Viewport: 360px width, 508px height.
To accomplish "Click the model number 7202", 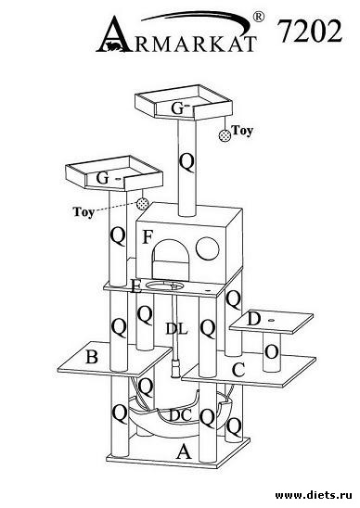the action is (x=310, y=32).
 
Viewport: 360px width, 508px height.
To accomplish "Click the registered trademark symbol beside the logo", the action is (x=258, y=17).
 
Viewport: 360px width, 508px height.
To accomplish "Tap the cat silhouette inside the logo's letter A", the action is (x=113, y=46).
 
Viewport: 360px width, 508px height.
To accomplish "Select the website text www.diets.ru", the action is (x=314, y=495).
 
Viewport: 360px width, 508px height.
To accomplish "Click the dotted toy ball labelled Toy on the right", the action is (x=225, y=135).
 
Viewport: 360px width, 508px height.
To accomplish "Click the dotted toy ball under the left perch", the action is (x=142, y=204).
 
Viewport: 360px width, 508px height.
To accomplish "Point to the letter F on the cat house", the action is (x=148, y=236).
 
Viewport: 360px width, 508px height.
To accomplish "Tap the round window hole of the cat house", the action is (x=207, y=248).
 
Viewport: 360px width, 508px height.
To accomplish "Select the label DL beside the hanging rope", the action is (x=177, y=329).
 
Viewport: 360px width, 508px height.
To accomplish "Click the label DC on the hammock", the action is (x=180, y=415).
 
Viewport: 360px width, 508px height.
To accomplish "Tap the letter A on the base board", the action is (x=184, y=451).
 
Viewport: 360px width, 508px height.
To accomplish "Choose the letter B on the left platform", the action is (x=92, y=357).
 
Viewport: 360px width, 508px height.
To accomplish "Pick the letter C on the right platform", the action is (x=238, y=370).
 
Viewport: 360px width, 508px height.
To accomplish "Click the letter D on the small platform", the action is (x=254, y=319).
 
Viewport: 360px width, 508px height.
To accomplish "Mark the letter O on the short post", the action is (x=272, y=352).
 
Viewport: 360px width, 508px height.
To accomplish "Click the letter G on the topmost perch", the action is (x=177, y=108).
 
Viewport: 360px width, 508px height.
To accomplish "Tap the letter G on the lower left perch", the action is (x=102, y=178).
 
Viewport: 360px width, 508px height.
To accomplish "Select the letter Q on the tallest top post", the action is (x=186, y=163).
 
